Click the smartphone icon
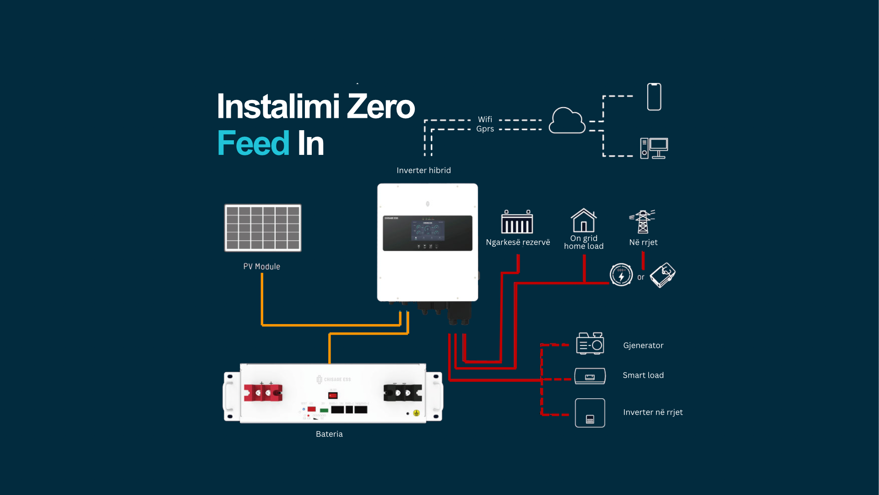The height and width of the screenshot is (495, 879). pyautogui.click(x=654, y=97)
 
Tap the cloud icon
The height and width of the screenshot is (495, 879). pyautogui.click(x=567, y=121)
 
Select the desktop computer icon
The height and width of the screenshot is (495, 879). pyautogui.click(x=654, y=148)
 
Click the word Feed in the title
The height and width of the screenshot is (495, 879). pyautogui.click(x=253, y=143)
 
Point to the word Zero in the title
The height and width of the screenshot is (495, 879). pyautogui.click(x=381, y=106)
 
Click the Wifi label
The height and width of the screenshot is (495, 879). pyautogui.click(x=485, y=119)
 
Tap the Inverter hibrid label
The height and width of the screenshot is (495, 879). pyautogui.click(x=423, y=170)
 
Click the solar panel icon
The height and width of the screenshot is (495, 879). pyautogui.click(x=263, y=228)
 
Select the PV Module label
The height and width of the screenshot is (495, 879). pyautogui.click(x=261, y=266)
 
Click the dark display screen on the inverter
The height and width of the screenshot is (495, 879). pyautogui.click(x=427, y=233)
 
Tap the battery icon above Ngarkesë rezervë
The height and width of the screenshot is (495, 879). pyautogui.click(x=517, y=222)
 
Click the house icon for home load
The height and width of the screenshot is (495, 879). pyautogui.click(x=583, y=220)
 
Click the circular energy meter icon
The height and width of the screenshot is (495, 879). pyautogui.click(x=621, y=275)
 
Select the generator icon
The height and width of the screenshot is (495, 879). pyautogui.click(x=590, y=343)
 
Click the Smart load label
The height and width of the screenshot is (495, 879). pyautogui.click(x=643, y=375)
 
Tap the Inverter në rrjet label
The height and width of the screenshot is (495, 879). pyautogui.click(x=652, y=412)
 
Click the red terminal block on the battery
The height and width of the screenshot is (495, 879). pyautogui.click(x=263, y=393)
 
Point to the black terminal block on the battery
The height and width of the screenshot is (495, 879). pyautogui.click(x=402, y=393)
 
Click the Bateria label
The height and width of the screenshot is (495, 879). pyautogui.click(x=329, y=434)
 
